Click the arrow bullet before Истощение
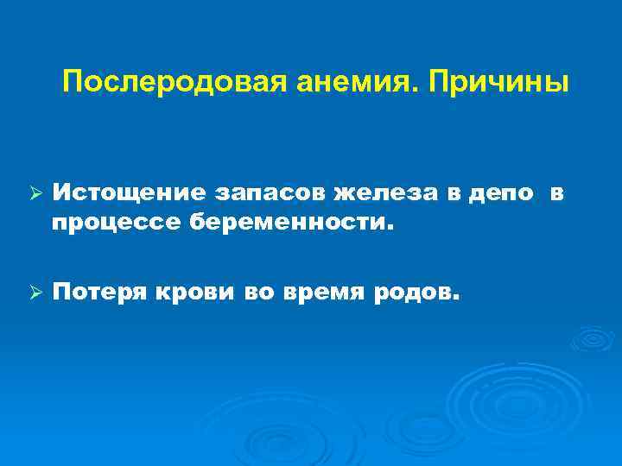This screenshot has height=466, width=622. (35, 195)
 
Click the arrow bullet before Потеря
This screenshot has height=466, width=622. (35, 293)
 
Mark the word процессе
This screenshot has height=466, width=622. (111, 224)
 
